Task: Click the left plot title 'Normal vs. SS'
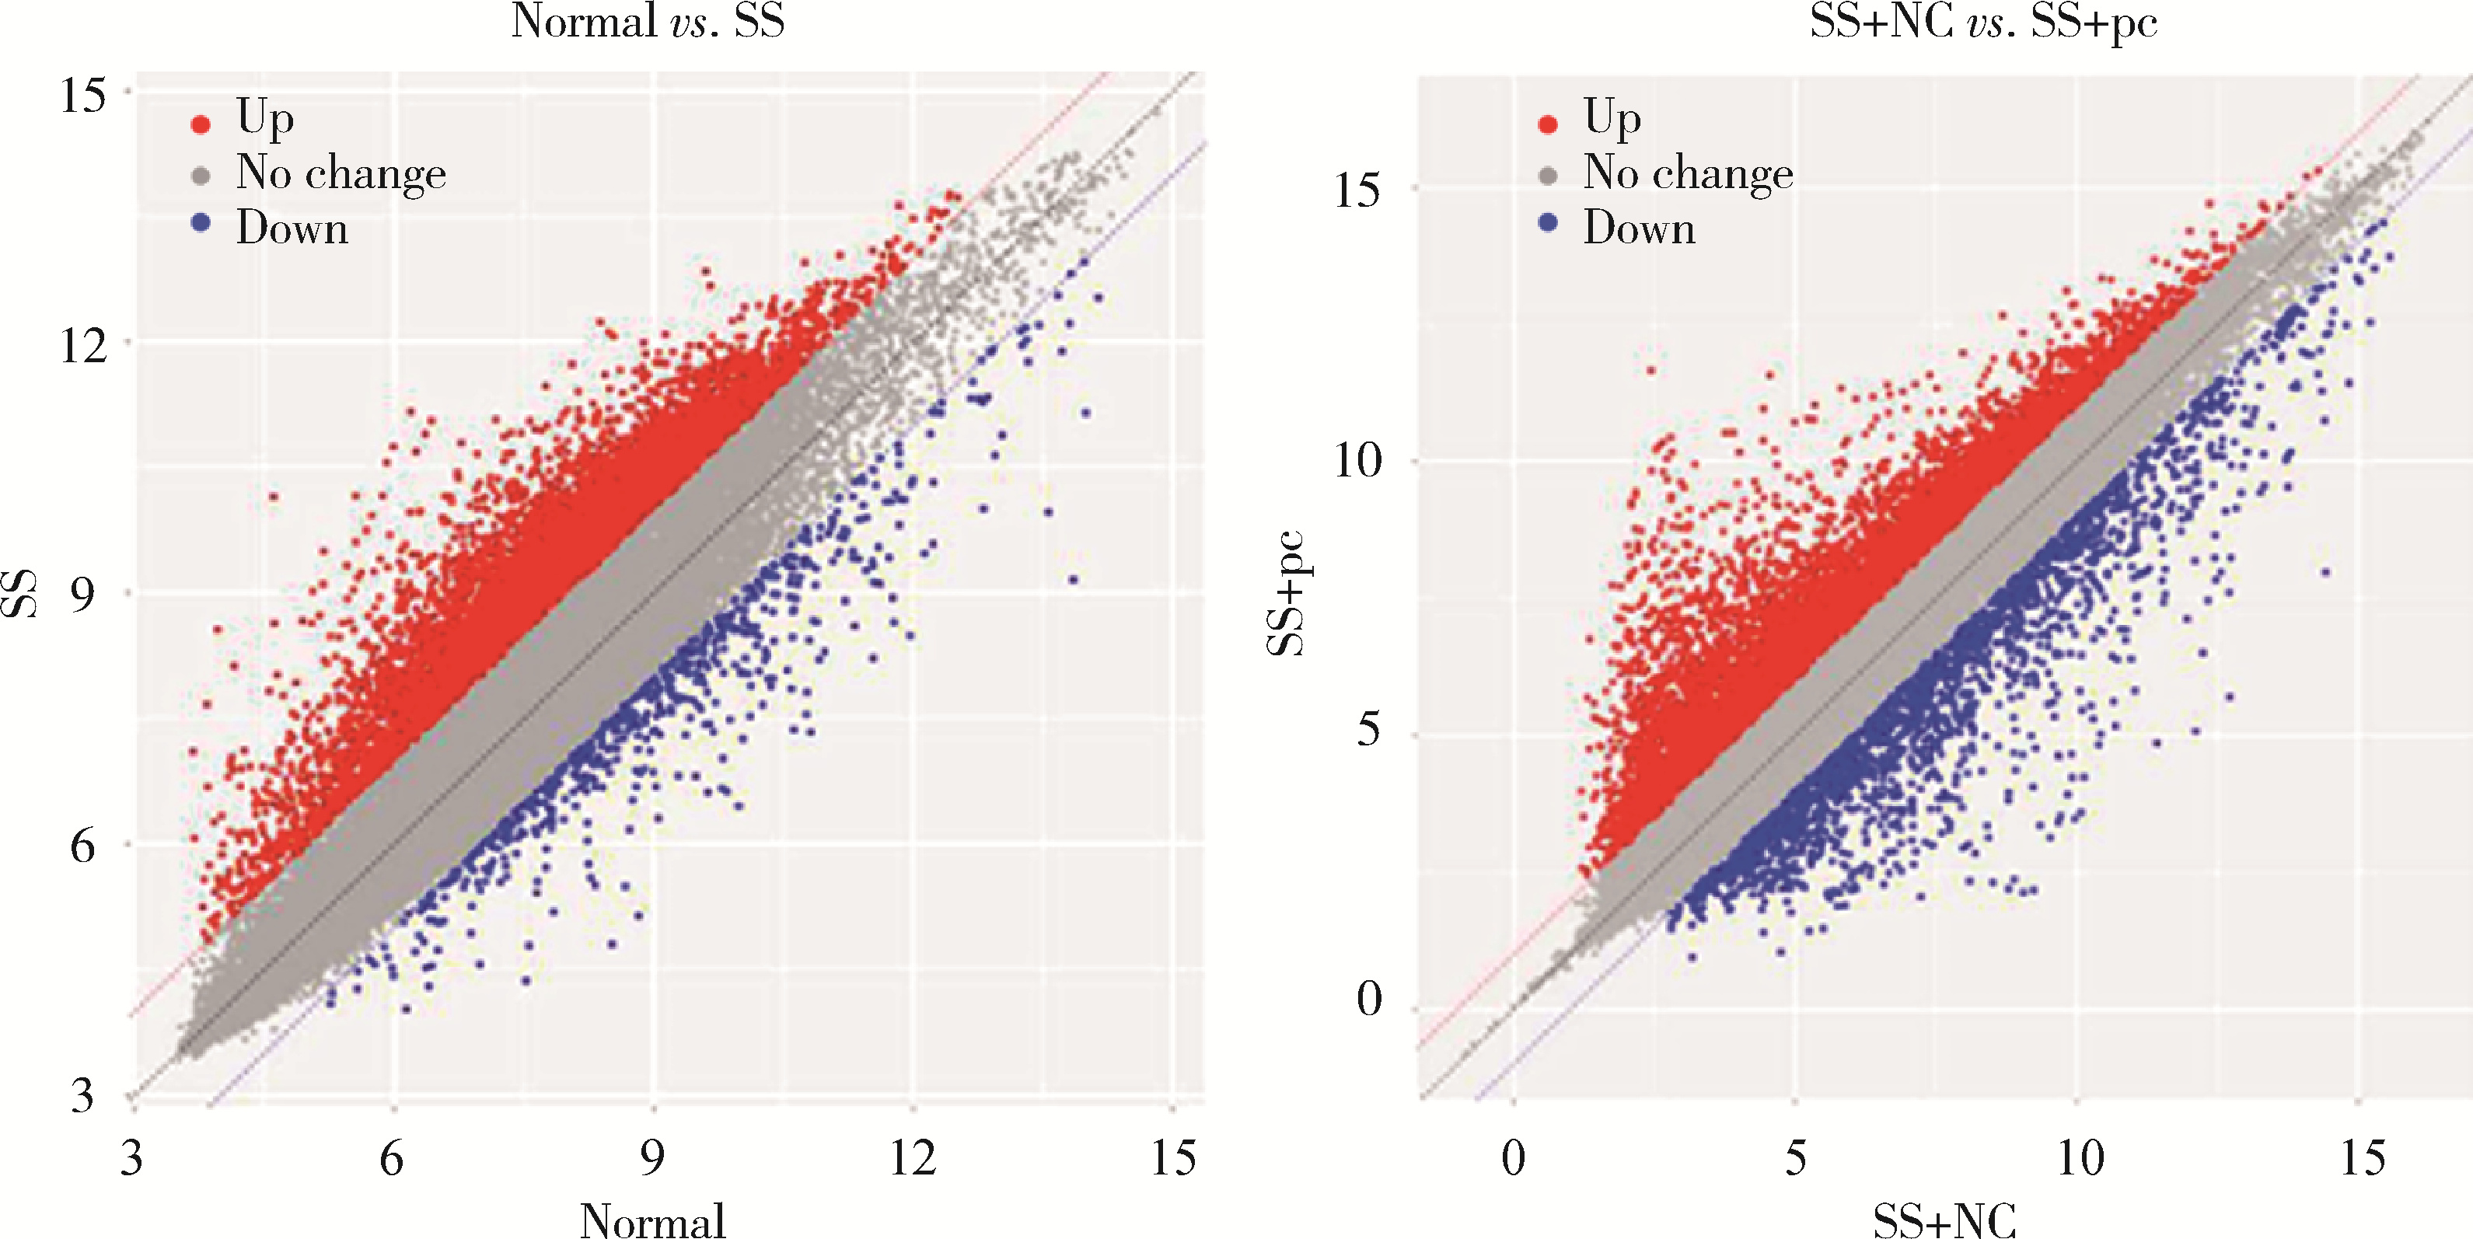[x=648, y=21]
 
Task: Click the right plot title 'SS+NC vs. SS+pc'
[x=1983, y=21]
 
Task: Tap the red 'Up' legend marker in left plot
[x=201, y=124]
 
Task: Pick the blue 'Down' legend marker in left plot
[x=201, y=225]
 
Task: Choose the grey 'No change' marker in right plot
[x=1548, y=176]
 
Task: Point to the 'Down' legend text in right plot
[x=1639, y=229]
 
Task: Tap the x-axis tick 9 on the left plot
[x=653, y=1157]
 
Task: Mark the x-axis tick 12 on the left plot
[x=912, y=1157]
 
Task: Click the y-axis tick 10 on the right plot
[x=1357, y=461]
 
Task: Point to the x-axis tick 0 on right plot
[x=1513, y=1157]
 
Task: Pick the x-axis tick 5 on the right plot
[x=1795, y=1157]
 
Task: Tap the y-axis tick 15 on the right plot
[x=1357, y=189]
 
